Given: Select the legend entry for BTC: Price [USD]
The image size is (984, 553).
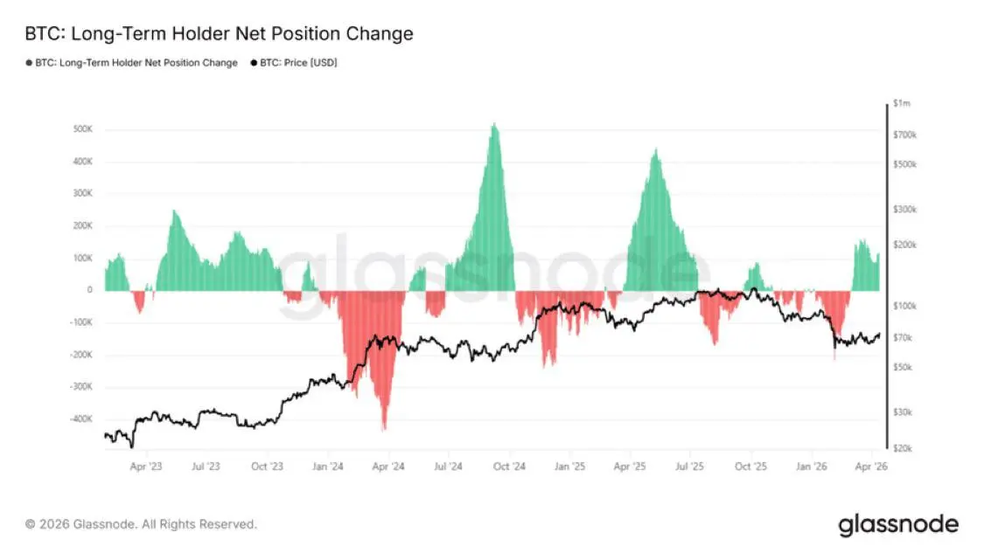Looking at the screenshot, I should coord(294,63).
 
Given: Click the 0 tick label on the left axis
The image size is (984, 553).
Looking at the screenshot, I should coord(89,290).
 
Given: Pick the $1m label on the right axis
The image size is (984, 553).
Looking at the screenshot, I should coord(902,104).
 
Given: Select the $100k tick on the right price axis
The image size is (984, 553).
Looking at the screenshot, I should coord(904,307).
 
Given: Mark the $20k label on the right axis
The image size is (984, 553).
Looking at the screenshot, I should coord(903,448).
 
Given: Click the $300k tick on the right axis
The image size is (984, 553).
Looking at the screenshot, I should coord(904,210).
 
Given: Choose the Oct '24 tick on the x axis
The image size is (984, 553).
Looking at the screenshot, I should coord(508,467).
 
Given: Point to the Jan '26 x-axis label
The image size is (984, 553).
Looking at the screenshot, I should coord(813,467).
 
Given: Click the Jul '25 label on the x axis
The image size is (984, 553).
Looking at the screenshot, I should coord(691,467).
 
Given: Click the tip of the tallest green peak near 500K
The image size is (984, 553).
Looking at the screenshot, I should coord(495,124).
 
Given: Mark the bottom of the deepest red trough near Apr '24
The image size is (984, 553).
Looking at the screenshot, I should coord(384,429).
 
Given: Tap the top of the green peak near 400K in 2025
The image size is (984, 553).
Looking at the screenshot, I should coord(656,149).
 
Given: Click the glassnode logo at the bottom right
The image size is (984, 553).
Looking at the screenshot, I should coord(898,525).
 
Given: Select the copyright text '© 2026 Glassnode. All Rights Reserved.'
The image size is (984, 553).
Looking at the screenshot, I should coord(141,525).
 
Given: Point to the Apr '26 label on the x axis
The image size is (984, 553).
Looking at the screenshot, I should coord(872,467).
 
